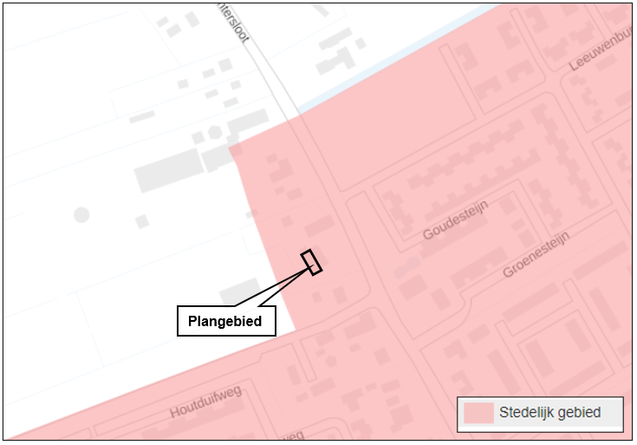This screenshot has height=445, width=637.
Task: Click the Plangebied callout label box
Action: tap(226, 321)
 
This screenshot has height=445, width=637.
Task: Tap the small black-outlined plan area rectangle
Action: tap(311, 262)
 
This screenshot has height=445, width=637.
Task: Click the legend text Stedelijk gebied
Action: tap(549, 413)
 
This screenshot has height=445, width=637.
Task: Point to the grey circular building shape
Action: tap(81, 213)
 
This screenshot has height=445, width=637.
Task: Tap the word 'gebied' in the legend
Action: tap(578, 413)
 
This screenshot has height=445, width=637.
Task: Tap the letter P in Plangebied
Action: tap(192, 322)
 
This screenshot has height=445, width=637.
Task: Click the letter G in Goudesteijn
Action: tap(427, 234)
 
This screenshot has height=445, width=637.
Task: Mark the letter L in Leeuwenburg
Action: tap(574, 68)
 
